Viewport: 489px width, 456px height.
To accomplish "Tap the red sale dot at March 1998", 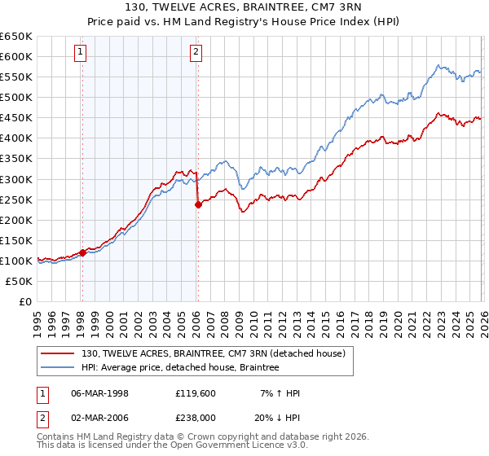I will point(82,252).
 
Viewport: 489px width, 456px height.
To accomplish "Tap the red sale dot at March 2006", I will point(198,204).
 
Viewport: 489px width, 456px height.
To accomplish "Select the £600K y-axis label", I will point(16,56).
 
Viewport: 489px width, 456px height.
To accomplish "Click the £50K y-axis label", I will point(20,281).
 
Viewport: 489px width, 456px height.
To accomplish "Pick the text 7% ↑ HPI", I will point(280,393).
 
